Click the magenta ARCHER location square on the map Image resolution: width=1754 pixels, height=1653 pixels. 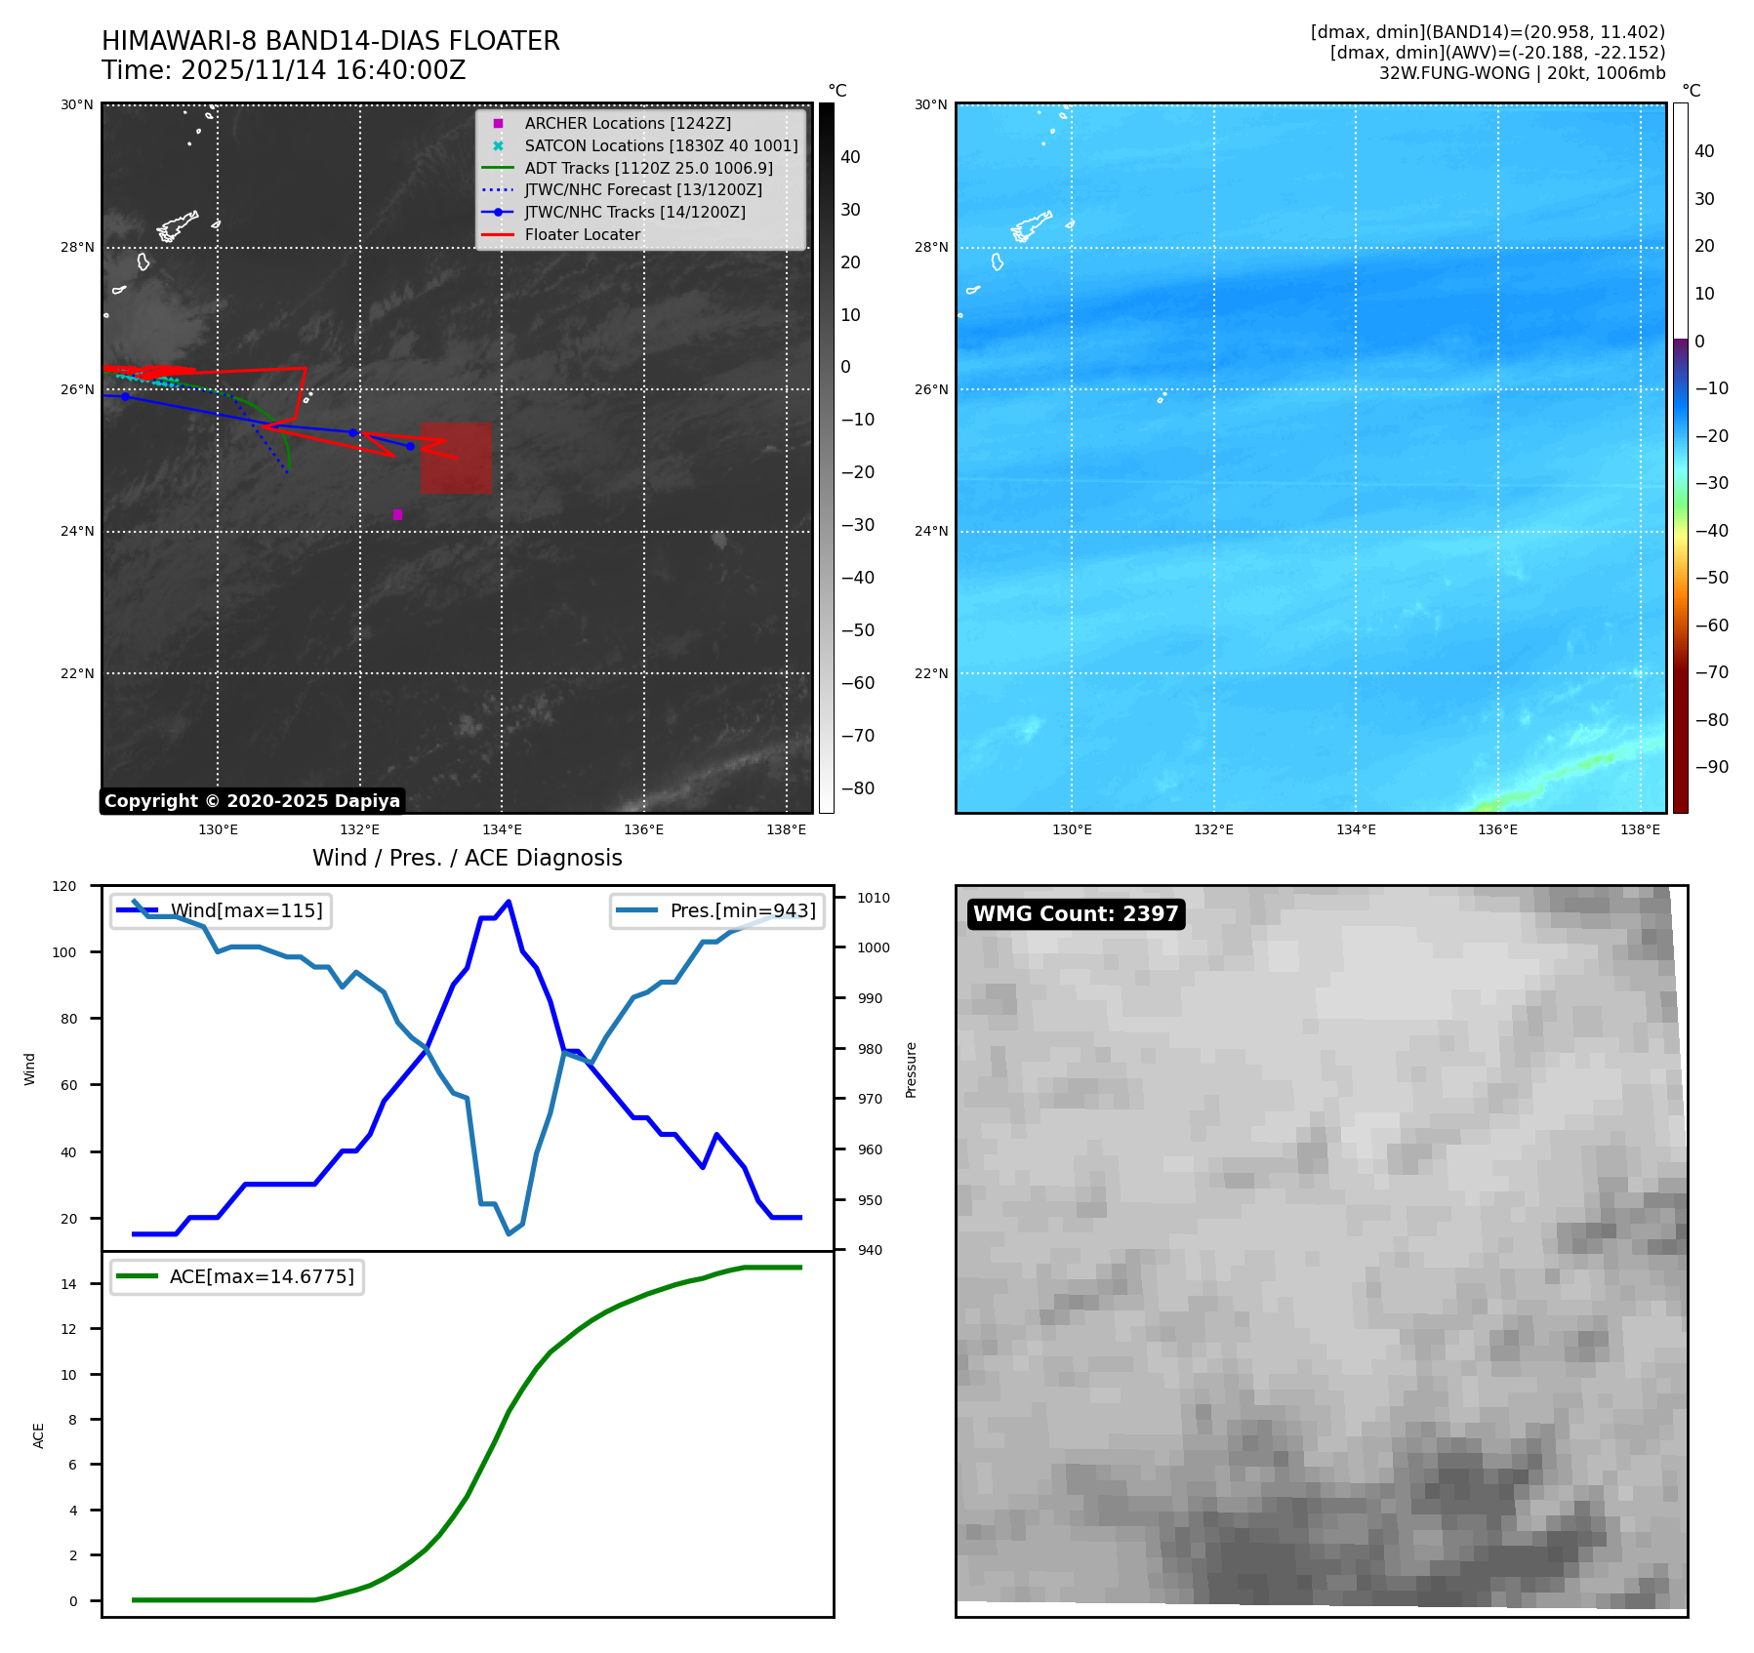(397, 514)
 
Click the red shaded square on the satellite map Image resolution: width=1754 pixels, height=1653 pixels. (456, 458)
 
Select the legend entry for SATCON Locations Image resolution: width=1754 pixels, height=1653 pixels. (661, 145)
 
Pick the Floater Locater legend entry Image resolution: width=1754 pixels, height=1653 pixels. (582, 234)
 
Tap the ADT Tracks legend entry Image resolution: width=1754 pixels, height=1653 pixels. (648, 168)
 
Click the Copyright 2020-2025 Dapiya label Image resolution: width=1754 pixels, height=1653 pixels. (252, 801)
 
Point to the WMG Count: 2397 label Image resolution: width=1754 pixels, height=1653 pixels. (1076, 914)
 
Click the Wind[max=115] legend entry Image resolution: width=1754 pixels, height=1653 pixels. (246, 910)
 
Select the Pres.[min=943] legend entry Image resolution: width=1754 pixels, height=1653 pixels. (742, 910)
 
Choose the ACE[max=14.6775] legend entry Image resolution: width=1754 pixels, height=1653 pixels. (261, 1276)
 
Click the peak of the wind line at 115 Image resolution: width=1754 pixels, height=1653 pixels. (509, 902)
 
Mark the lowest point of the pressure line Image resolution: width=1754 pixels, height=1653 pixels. (509, 1233)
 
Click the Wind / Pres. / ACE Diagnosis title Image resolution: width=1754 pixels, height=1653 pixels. (467, 858)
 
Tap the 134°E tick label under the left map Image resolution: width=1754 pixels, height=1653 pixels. (502, 830)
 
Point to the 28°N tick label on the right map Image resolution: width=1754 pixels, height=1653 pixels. (930, 247)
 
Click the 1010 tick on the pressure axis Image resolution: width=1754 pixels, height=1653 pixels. (874, 898)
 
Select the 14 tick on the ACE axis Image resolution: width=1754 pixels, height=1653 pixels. (69, 1284)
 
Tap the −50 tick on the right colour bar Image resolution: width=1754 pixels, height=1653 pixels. (1711, 578)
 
